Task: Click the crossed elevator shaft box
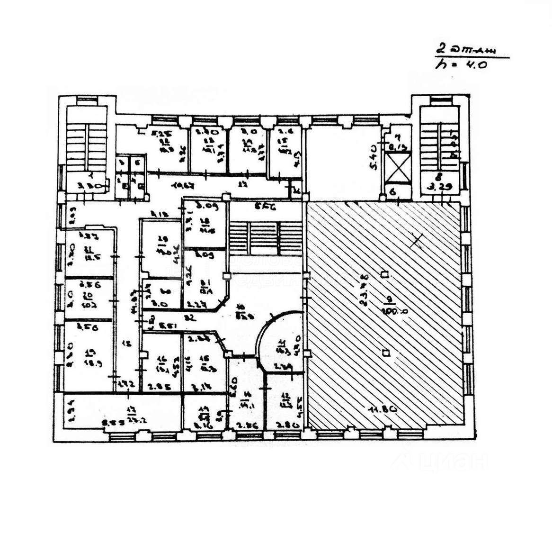click(x=396, y=169)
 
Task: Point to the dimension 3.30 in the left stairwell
click(x=86, y=186)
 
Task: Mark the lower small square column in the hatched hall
click(x=386, y=352)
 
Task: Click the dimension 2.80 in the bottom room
click(x=287, y=425)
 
